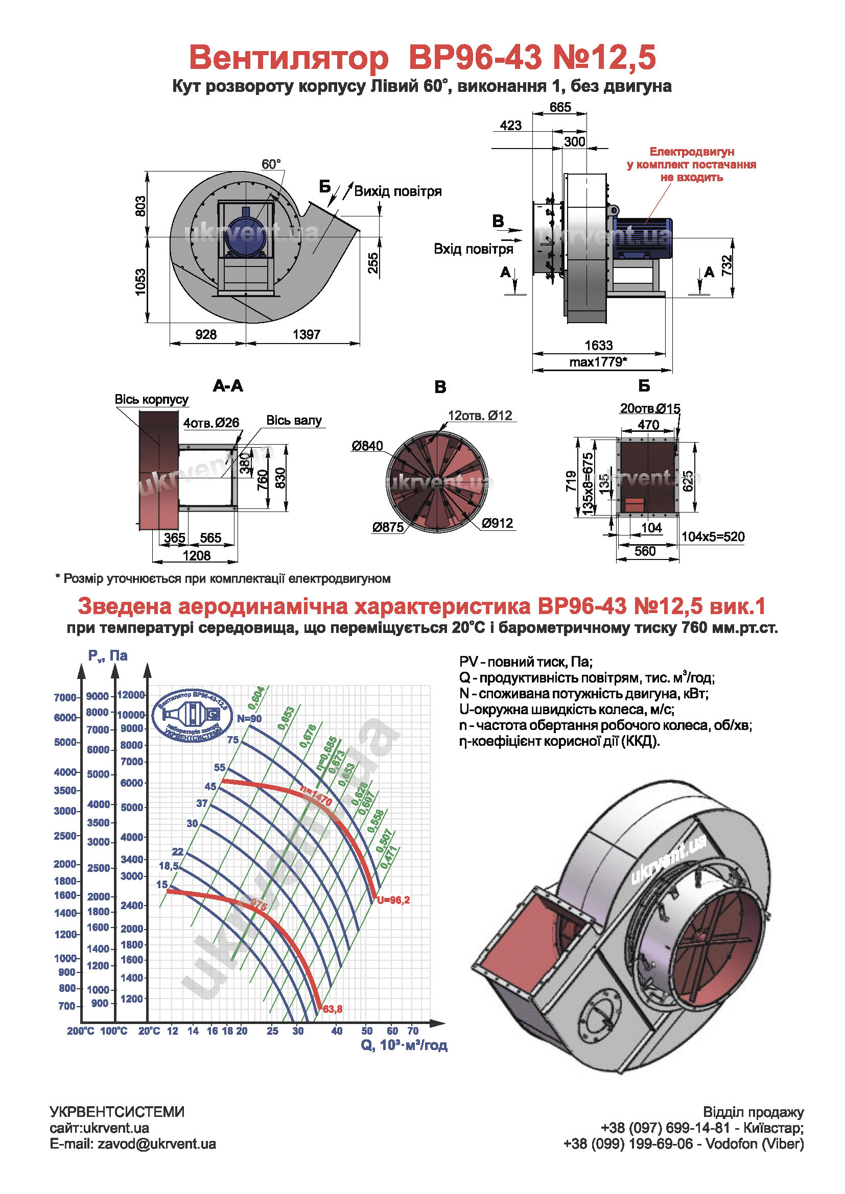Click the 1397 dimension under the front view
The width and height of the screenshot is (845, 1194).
pos(307,334)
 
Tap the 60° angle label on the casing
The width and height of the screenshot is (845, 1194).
pos(271,164)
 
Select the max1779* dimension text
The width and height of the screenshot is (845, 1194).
pos(598,362)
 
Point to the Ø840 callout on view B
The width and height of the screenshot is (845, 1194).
pos(367,446)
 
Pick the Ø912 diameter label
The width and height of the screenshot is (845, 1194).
pos(498,523)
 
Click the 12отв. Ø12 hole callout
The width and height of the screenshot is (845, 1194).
pos(480,416)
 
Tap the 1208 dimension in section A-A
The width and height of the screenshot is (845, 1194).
pos(197,555)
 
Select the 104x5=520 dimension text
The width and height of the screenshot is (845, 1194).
pos(713,537)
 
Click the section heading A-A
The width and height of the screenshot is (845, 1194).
pos(228,386)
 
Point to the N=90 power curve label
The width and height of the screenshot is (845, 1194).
pos(249,719)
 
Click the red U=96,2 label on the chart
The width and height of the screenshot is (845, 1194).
pos(393,900)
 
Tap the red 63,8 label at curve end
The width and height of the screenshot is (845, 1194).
pos(333,1009)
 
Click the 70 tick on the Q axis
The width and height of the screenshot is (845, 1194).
pos(413,1031)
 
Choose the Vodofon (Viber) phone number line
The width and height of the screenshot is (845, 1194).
pos(683,1144)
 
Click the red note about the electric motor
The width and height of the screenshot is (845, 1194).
pos(692,164)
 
